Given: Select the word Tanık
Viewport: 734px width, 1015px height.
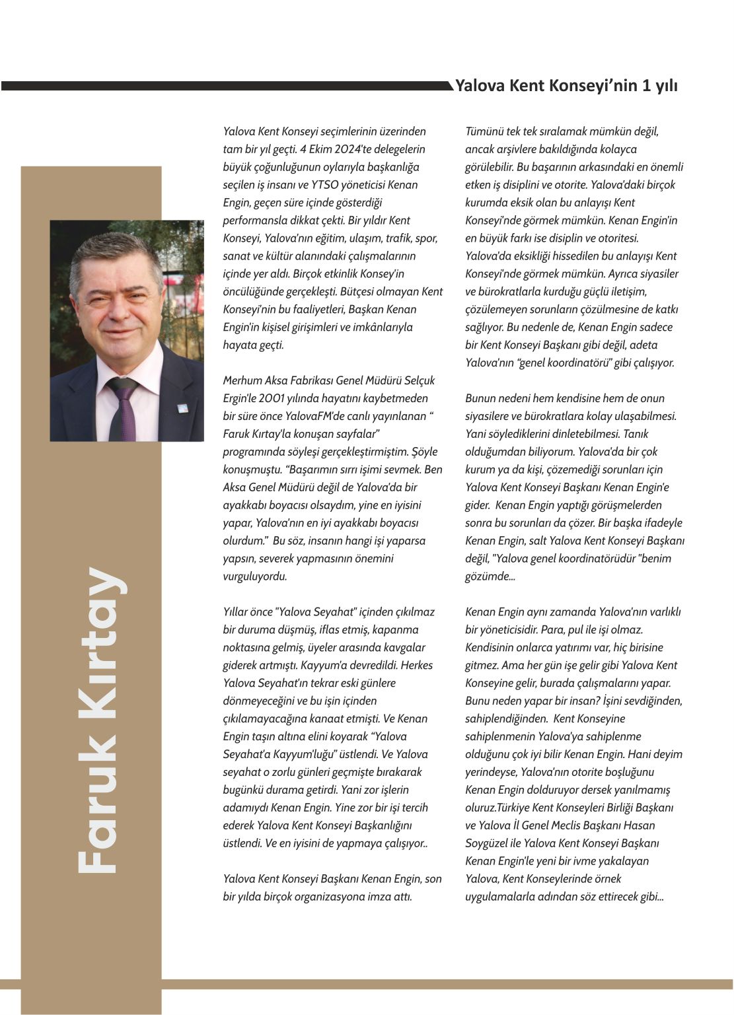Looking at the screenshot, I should click(635, 434).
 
